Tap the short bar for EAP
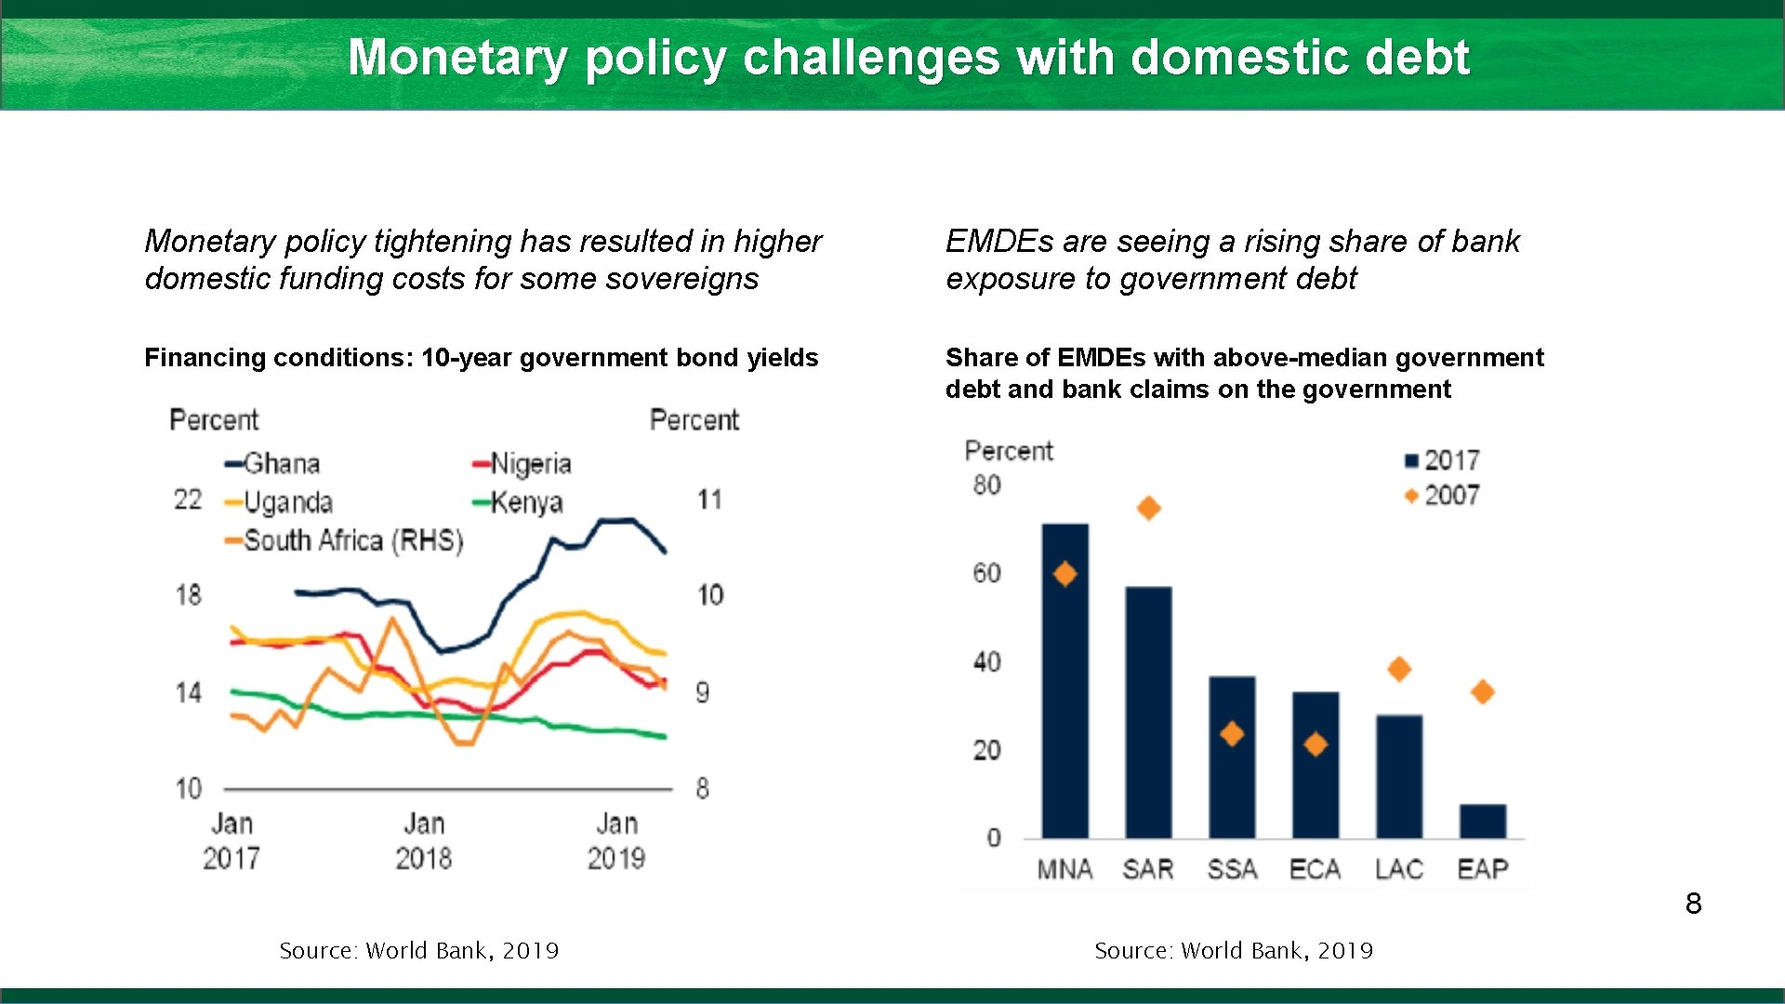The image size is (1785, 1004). click(1482, 821)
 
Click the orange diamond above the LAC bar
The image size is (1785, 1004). click(1398, 668)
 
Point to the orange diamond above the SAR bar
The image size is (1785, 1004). click(1148, 508)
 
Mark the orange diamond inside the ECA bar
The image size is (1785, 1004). click(1315, 744)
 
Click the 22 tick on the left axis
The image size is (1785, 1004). click(188, 499)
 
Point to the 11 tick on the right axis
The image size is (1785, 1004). click(709, 499)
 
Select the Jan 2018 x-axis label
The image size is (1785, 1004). click(424, 840)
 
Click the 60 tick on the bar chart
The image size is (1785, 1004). click(987, 573)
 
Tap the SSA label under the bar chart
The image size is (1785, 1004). click(1232, 869)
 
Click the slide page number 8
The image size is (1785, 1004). click(1693, 904)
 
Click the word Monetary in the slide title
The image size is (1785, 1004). click(456, 58)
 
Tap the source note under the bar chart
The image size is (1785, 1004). click(1233, 950)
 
